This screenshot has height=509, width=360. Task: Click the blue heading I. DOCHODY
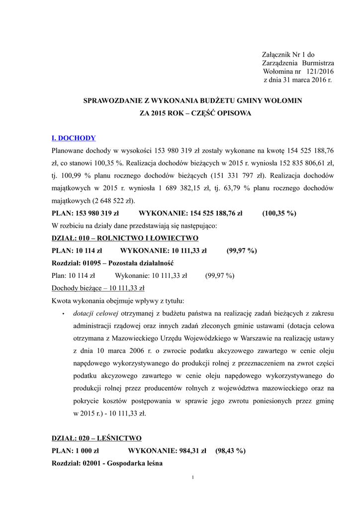click(74, 138)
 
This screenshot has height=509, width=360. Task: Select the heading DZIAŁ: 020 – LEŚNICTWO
click(96, 438)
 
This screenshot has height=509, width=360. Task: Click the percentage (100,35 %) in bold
click(279, 213)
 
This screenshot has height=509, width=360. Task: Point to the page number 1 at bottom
click(192, 478)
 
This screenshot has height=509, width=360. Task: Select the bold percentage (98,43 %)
click(231, 451)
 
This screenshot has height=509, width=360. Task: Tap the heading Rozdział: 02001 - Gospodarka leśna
click(107, 463)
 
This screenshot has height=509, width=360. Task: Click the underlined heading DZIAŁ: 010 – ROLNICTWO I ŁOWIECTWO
click(125, 238)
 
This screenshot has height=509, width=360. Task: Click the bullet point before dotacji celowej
click(63, 314)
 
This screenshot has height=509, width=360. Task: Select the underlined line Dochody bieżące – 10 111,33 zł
click(98, 288)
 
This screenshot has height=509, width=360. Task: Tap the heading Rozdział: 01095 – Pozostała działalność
click(112, 262)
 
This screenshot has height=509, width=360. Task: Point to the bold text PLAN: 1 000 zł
click(76, 451)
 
